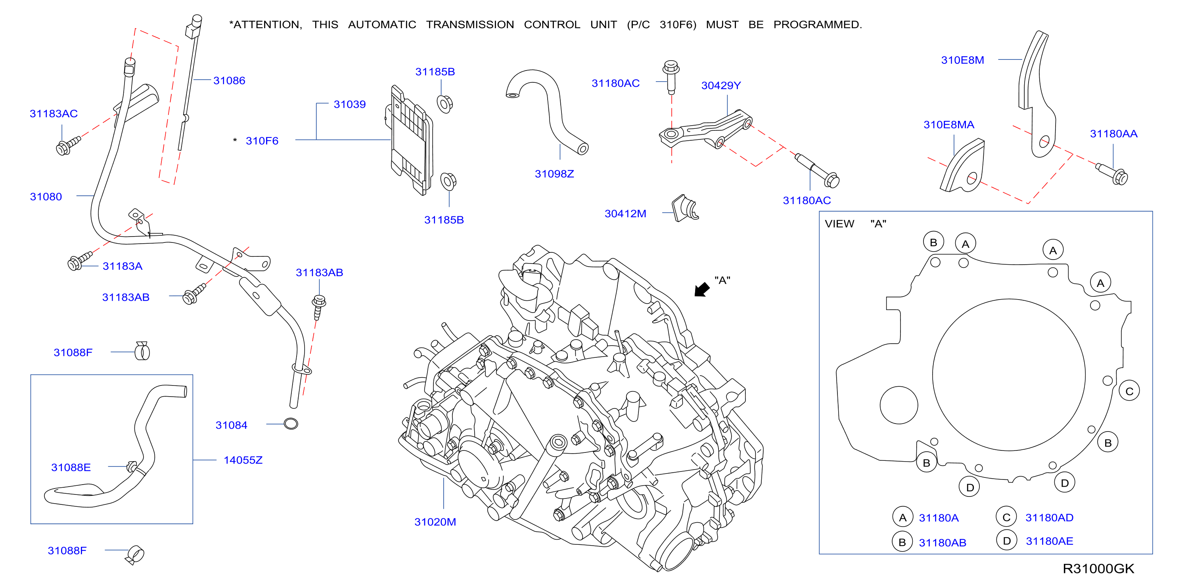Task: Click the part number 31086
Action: [x=229, y=81]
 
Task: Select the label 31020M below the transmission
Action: [x=435, y=522]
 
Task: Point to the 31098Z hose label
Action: [x=554, y=174]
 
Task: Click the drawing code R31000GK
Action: [x=1098, y=569]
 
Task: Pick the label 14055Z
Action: [x=243, y=460]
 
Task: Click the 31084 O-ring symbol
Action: [x=291, y=424]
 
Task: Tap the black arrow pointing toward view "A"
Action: [x=702, y=289]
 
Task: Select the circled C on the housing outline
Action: [x=1129, y=391]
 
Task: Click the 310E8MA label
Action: [x=949, y=125]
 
